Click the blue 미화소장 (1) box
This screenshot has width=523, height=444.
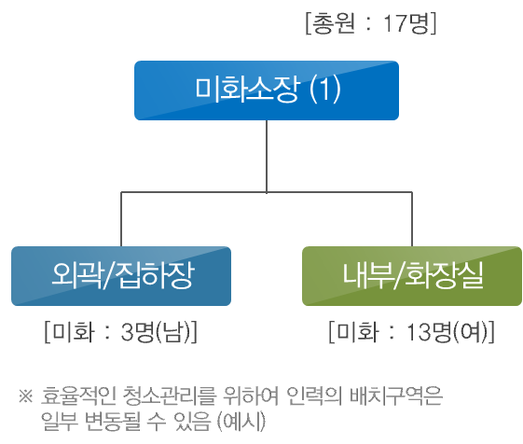point(267,90)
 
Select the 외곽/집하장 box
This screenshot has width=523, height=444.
point(121,276)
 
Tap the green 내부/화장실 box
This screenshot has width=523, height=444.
point(412,276)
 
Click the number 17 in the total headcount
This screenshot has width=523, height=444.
point(392,23)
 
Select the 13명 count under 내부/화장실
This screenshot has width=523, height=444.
point(429,332)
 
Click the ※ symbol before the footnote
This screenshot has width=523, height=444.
point(26,396)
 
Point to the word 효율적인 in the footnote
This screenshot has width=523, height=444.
point(78,395)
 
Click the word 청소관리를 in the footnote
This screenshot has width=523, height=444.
point(170,395)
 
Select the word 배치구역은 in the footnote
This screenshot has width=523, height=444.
point(396,395)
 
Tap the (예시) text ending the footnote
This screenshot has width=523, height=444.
point(241,422)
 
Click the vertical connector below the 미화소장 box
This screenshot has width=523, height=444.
point(267,156)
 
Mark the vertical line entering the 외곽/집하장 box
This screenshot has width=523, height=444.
point(121,219)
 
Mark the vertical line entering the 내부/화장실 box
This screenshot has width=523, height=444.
point(412,219)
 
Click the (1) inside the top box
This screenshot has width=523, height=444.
point(324,90)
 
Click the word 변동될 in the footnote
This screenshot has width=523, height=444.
point(113,422)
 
